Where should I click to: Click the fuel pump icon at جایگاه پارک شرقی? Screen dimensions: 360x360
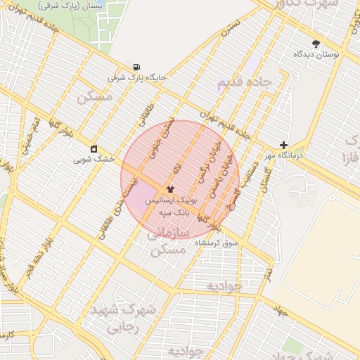135,67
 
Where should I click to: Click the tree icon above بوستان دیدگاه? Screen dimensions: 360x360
316,43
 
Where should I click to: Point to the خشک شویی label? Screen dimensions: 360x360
94,159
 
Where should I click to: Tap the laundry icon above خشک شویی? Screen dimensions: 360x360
94,148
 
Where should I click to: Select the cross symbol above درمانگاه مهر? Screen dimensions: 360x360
283,145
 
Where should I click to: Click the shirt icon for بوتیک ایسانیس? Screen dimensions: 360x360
172,189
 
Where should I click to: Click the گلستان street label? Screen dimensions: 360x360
264,181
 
